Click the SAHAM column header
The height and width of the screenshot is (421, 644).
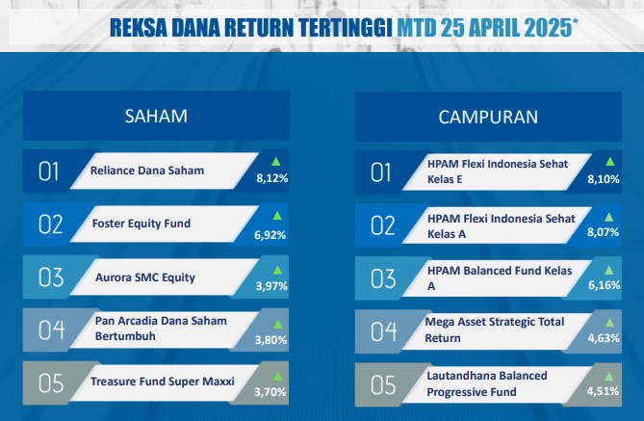pos(156,117)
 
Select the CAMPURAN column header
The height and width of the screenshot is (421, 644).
pos(488,118)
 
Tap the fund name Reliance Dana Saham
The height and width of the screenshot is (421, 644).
pos(147,171)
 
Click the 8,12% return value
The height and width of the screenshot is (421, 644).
pos(271,178)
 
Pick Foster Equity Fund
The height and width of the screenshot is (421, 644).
pos(142,224)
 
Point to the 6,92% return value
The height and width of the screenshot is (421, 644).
pos(270,235)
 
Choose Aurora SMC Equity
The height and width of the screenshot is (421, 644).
pos(145,277)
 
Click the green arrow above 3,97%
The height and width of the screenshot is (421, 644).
pos(278,270)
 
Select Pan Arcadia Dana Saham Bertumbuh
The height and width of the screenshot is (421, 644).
pos(161,329)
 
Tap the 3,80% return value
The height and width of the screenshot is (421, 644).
pos(270,340)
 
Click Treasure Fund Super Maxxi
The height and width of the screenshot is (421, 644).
pos(163,382)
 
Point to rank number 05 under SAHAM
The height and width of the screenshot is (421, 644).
pos(51,383)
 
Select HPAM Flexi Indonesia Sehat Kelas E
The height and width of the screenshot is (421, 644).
pos(498,171)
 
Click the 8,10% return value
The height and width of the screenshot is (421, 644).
pos(604,179)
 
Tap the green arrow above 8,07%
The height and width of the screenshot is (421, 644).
pos(609,217)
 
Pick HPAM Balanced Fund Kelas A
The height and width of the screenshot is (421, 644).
pos(500,278)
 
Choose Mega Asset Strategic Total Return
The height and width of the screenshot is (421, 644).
pos(495,329)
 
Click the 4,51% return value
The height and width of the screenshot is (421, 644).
pos(603,391)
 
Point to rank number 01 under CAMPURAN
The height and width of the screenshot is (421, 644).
pos(381,172)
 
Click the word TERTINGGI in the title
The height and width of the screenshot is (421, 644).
pos(346,28)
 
